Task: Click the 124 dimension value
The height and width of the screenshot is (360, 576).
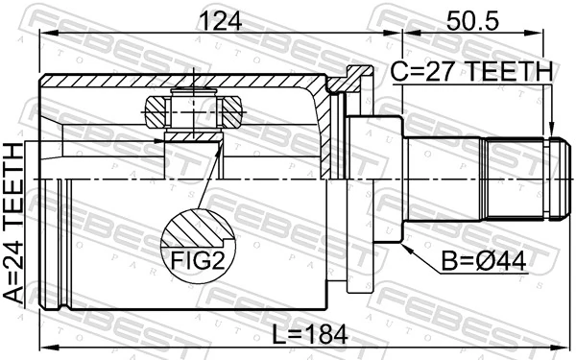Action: (221, 20)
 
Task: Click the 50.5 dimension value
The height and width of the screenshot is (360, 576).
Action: (472, 20)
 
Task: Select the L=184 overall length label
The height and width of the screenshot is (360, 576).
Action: (310, 334)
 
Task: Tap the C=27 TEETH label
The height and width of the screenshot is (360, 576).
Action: (471, 71)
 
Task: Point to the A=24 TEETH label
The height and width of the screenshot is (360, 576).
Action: (13, 224)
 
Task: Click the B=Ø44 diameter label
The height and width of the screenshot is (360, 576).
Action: (484, 261)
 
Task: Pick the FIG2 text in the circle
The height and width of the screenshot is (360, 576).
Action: (198, 260)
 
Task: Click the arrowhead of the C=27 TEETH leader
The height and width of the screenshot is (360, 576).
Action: (551, 131)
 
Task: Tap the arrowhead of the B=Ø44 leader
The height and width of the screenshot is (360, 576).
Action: (407, 249)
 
